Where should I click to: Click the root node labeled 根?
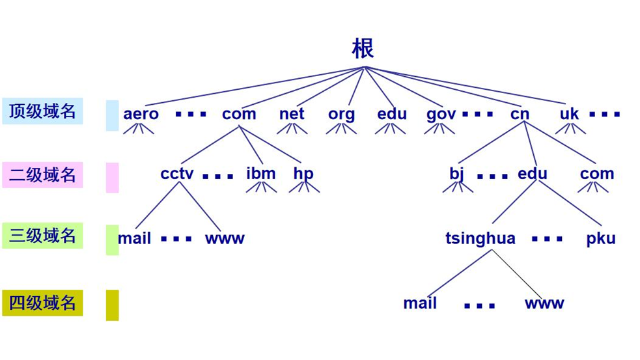click(363, 49)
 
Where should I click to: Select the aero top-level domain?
click(141, 114)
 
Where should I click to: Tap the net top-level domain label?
click(292, 113)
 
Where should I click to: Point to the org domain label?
click(341, 114)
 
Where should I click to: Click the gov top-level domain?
click(441, 114)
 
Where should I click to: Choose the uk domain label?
click(569, 114)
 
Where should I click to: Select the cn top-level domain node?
click(520, 114)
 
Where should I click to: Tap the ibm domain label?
click(260, 174)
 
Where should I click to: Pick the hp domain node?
click(303, 174)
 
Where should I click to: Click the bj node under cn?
click(456, 174)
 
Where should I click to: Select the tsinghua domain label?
click(480, 238)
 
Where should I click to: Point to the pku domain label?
click(600, 238)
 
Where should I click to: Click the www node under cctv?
click(225, 238)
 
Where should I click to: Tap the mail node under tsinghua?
click(420, 303)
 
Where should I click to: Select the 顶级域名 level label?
click(42, 111)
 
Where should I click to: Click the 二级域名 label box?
click(42, 175)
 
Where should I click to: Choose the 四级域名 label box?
click(42, 303)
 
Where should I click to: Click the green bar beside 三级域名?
click(112, 240)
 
